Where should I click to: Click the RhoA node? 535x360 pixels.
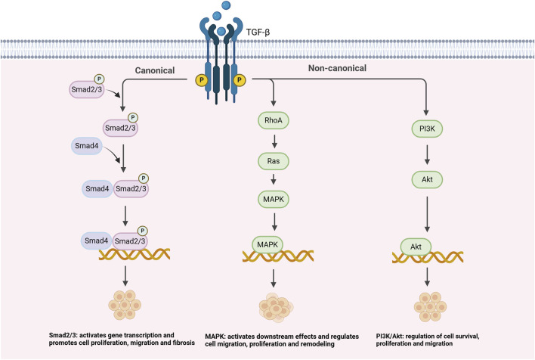click(x=274, y=120)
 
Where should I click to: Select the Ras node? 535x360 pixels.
click(x=274, y=161)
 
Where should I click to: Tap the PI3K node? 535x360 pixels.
click(x=427, y=129)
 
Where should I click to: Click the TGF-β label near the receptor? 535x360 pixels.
click(x=258, y=33)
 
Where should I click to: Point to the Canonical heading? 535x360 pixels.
click(x=155, y=70)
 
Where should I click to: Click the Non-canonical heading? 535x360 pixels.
click(x=337, y=68)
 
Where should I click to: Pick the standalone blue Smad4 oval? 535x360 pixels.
click(x=87, y=146)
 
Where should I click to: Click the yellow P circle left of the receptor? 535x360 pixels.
click(x=202, y=80)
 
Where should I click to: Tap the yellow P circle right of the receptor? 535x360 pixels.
click(x=240, y=80)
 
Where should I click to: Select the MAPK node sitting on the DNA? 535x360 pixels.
click(x=267, y=244)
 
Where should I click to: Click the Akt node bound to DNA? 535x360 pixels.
click(x=416, y=247)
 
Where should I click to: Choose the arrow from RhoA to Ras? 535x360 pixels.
click(x=274, y=141)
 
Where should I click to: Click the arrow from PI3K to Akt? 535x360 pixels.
click(x=427, y=154)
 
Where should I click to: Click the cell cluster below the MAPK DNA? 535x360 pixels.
click(x=276, y=307)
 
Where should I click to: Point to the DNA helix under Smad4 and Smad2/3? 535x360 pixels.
click(x=135, y=254)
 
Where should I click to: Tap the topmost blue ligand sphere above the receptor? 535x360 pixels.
click(x=226, y=5)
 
